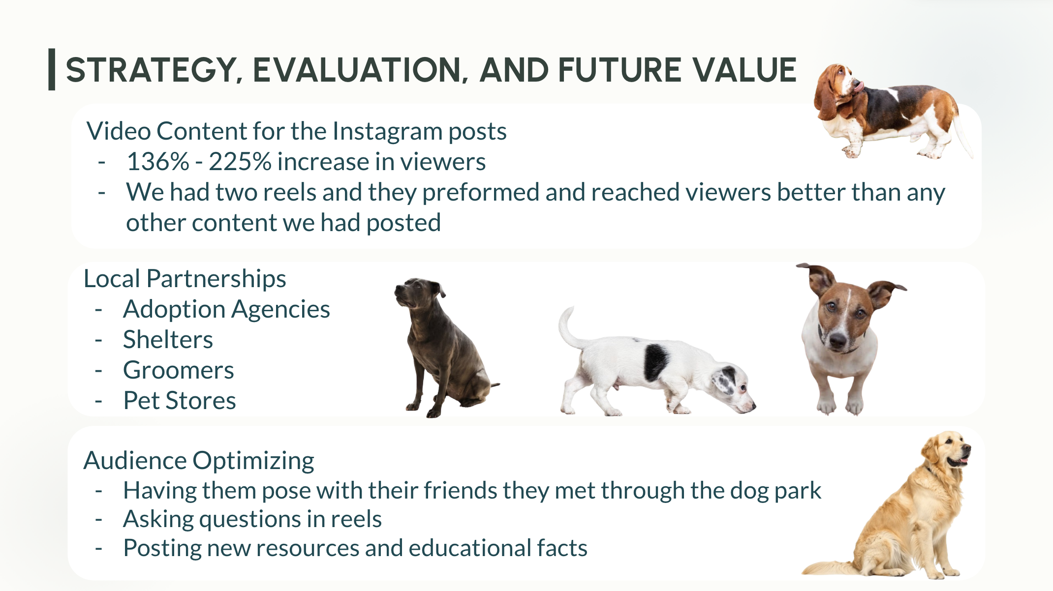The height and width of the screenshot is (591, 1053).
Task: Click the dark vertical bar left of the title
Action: (x=52, y=69)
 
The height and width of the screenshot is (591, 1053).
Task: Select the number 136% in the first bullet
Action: (x=158, y=162)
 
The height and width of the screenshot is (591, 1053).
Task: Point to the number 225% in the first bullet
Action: (x=240, y=162)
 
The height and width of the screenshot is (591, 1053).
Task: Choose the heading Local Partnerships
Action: (x=185, y=279)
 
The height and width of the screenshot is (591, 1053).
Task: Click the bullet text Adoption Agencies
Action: (x=226, y=309)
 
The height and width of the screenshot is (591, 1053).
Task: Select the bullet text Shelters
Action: (x=168, y=340)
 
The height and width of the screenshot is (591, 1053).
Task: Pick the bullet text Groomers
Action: (x=179, y=370)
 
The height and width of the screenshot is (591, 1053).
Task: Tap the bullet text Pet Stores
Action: (x=180, y=401)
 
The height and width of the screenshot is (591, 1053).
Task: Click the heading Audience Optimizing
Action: (x=199, y=461)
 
